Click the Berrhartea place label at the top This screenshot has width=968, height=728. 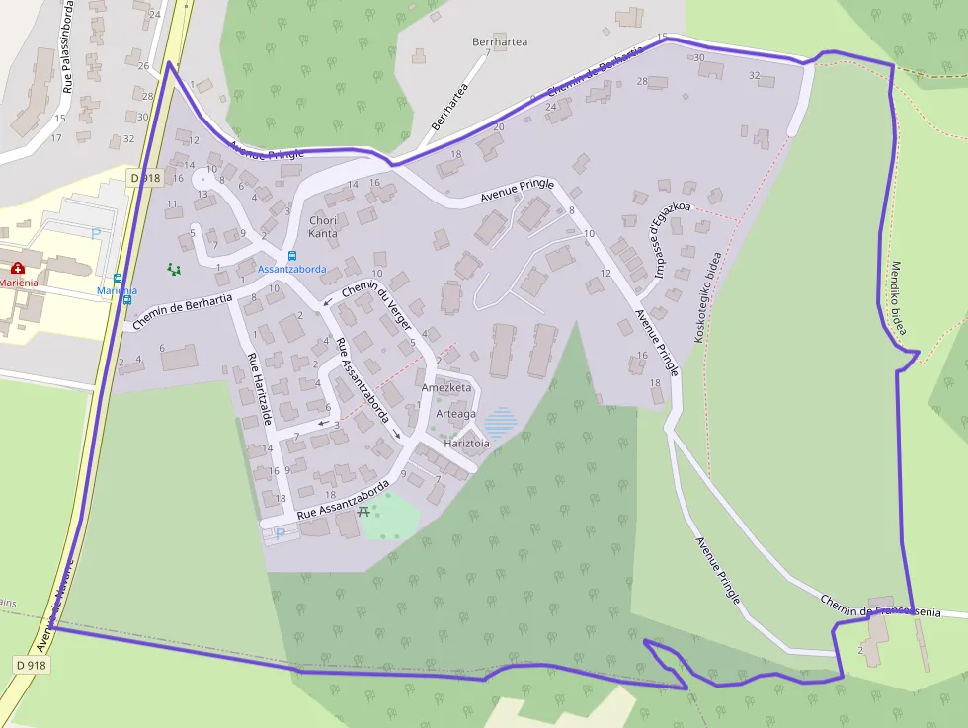(x=500, y=42)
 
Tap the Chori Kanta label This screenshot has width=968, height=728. (x=323, y=227)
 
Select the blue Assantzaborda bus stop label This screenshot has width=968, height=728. (x=291, y=269)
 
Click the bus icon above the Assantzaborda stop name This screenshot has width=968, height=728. (x=291, y=255)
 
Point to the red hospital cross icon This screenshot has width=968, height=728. (x=17, y=268)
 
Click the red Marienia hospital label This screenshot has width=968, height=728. (x=19, y=283)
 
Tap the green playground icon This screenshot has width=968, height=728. (x=174, y=269)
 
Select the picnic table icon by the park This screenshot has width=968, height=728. (x=363, y=511)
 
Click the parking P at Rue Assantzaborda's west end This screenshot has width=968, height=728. (x=280, y=533)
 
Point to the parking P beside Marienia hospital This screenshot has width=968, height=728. (x=96, y=234)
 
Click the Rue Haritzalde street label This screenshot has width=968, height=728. (x=260, y=391)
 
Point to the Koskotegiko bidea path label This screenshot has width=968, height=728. (x=706, y=297)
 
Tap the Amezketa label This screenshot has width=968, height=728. (x=446, y=388)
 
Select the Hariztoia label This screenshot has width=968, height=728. (x=467, y=444)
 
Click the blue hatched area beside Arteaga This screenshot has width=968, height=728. (x=501, y=422)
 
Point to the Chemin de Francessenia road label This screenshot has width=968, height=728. (x=879, y=607)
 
